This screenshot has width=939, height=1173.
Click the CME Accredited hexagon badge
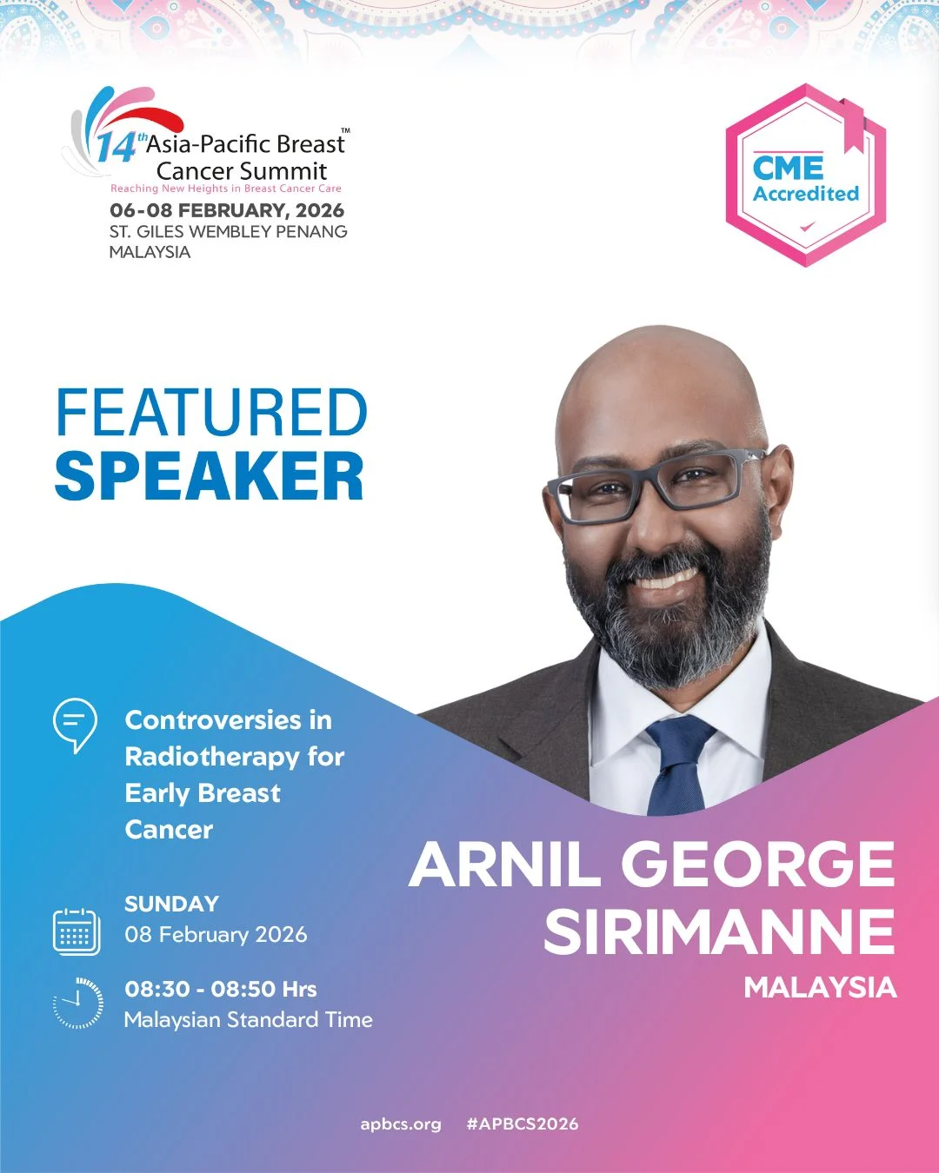coord(805,176)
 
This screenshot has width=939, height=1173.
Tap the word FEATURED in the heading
coord(211,414)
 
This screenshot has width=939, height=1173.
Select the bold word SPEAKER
coord(210,476)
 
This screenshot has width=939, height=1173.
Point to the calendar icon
coord(77,931)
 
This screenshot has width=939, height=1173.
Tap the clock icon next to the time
coord(78,1003)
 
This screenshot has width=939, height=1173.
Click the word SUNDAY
coord(171,904)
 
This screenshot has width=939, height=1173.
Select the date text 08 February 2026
coord(216,935)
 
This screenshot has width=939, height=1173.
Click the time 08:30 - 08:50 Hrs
coord(221,989)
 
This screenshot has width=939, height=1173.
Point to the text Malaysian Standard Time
coord(249,1020)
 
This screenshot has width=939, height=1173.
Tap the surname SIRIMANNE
coord(719,931)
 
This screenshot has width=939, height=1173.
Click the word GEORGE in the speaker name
coord(757,865)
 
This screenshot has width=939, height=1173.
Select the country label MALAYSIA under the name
coord(820,988)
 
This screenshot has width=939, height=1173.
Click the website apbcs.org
coord(401,1123)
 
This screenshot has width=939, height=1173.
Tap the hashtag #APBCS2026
coord(522,1123)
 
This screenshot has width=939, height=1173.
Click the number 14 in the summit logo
coord(116,148)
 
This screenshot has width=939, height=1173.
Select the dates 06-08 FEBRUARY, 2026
coord(227,210)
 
